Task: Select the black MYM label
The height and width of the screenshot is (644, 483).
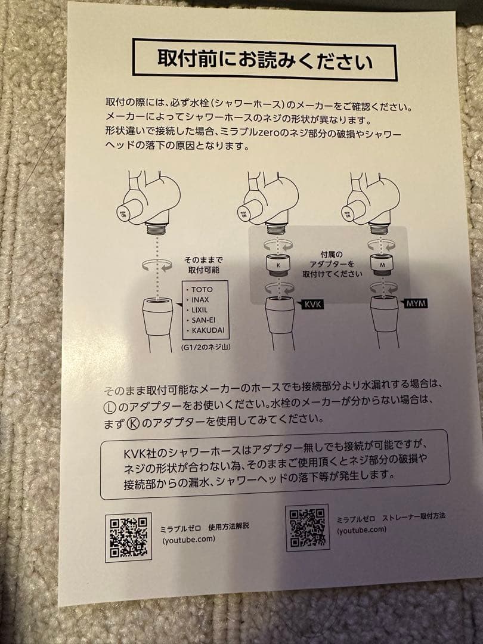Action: (415, 304)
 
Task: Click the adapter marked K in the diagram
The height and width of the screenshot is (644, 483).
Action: (278, 263)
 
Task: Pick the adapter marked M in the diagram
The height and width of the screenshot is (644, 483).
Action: (381, 262)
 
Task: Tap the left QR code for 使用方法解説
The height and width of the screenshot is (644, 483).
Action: (129, 537)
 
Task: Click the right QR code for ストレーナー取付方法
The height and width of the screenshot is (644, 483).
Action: (308, 527)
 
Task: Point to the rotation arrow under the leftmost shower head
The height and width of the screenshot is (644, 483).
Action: (156, 265)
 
